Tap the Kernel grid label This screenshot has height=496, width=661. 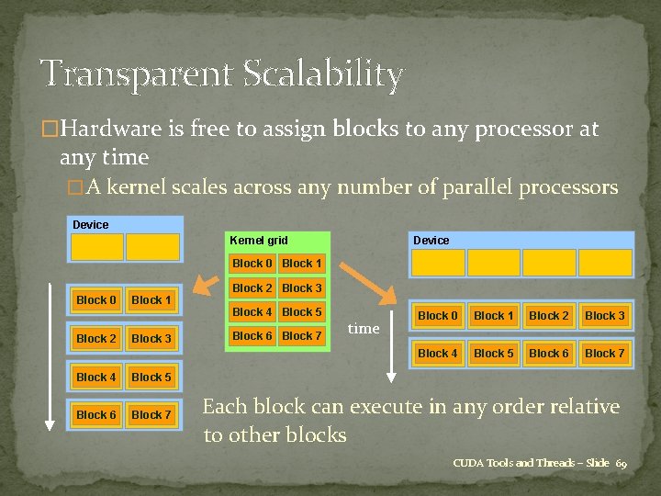pos(258,240)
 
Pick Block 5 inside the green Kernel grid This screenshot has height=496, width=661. pos(301,312)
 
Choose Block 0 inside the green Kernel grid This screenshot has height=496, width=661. pos(252,264)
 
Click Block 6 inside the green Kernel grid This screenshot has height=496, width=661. pos(252,336)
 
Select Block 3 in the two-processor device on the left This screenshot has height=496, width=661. pos(151,339)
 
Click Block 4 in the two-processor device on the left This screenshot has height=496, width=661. pos(96,378)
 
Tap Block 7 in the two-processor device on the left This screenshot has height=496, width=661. pos(151,415)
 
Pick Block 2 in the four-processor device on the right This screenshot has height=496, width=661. pos(548,316)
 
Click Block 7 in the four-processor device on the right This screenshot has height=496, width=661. pos(604,353)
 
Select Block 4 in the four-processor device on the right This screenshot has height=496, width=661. pos(437,353)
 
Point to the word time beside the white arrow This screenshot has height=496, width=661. pos(364,329)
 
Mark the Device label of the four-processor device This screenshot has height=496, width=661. pos(431,240)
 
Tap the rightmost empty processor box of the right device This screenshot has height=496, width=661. pos(605,263)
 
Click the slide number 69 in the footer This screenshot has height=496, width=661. pos(621,463)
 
